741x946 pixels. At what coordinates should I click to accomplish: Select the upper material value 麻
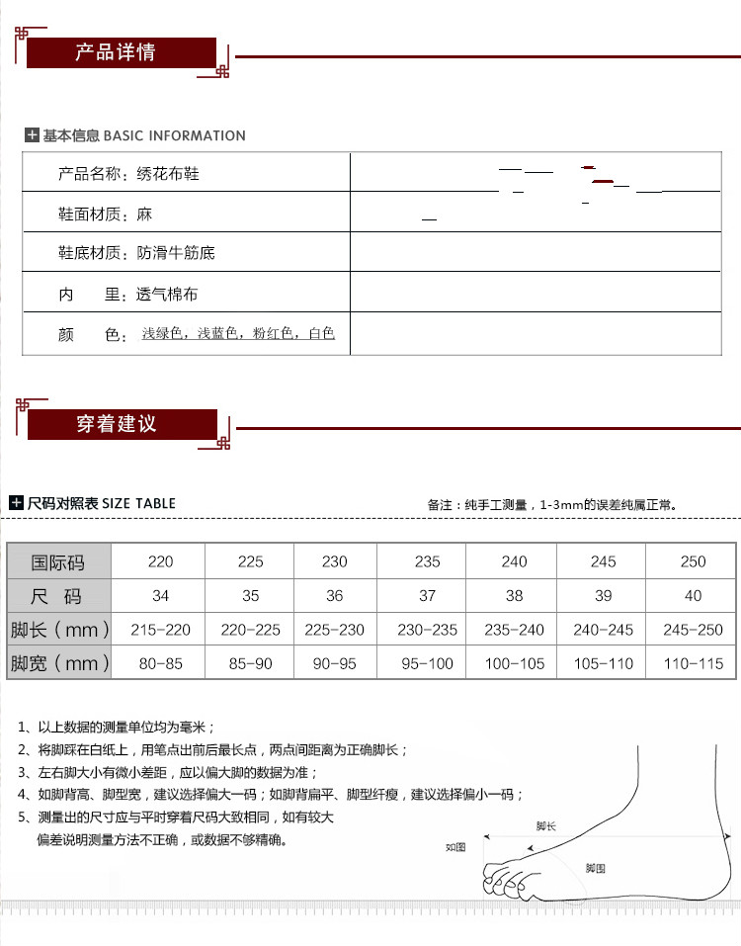(144, 214)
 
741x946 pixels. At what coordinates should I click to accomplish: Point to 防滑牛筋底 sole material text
(176, 253)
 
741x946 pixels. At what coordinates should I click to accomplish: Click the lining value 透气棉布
(167, 295)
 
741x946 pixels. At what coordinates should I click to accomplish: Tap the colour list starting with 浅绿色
(238, 334)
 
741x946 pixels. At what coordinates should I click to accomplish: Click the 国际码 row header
(58, 562)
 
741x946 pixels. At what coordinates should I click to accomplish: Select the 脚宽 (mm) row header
(58, 663)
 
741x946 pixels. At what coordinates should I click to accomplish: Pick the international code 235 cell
(428, 561)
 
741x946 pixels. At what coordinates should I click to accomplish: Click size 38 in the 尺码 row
(514, 596)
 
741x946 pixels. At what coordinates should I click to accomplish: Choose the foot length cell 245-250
(694, 630)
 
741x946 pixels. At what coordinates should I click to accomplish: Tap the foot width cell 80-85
(160, 663)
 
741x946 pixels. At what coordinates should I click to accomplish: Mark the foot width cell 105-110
(603, 663)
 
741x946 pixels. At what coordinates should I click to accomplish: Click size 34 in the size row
(160, 596)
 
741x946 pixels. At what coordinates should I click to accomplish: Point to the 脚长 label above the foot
(546, 825)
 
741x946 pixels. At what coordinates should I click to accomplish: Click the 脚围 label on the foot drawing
(595, 867)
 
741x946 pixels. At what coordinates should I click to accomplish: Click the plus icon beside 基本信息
(32, 135)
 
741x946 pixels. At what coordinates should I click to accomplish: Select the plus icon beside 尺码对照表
(16, 503)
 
